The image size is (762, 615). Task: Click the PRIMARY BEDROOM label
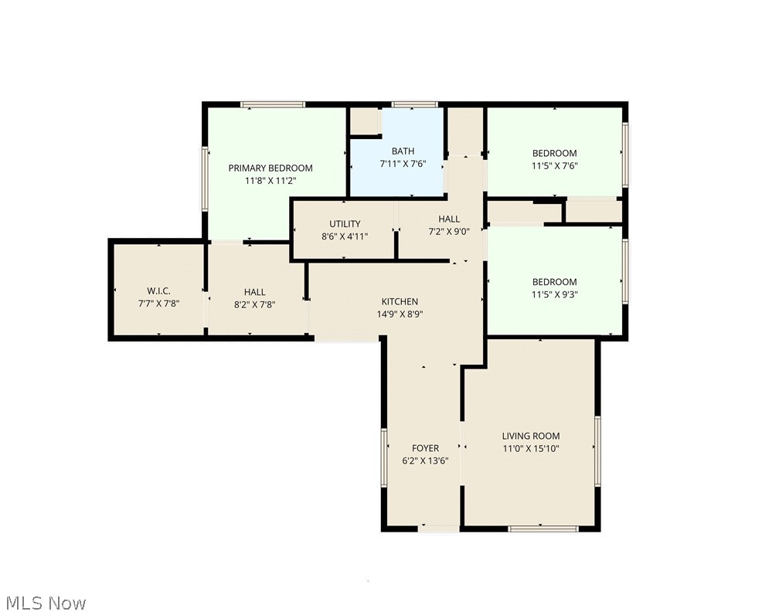pos(270,168)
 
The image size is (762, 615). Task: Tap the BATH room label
pos(403,151)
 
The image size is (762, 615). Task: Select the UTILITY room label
pos(345,224)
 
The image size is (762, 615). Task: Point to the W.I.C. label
pos(158,291)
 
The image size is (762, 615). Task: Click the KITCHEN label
pos(400,301)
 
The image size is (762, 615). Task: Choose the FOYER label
pos(425,447)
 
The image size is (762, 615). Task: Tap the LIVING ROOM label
pos(531,436)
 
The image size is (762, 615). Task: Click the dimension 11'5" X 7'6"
pos(554,165)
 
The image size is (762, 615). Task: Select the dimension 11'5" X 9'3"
pos(554,294)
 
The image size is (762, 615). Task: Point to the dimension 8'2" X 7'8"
pos(254,304)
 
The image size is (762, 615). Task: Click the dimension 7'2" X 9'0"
pos(449,231)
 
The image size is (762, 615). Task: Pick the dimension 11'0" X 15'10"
pos(531,448)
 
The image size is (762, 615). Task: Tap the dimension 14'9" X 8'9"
pos(400,314)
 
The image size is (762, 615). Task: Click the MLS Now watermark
pos(46,603)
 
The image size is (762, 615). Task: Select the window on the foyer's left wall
pos(383,457)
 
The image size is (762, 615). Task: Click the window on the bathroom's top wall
pos(414,104)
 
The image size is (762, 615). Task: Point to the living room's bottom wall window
pos(543,528)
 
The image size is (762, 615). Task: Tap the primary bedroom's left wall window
pos(205,178)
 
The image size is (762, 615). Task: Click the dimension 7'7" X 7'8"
pos(158,304)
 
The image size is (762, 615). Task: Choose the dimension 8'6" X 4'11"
pos(345,236)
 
